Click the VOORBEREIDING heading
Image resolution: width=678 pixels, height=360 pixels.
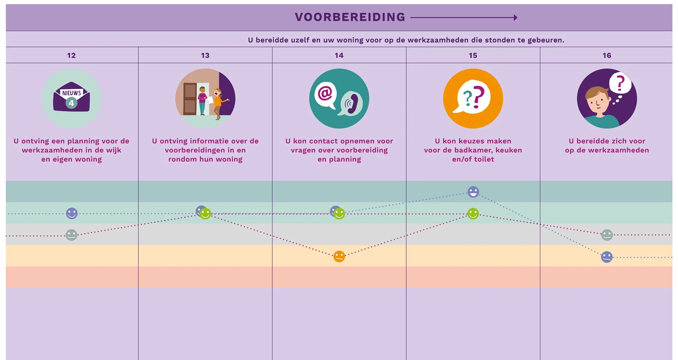[350, 17]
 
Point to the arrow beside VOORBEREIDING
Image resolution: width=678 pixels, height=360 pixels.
[464, 17]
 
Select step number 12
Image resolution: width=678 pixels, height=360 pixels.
[71, 55]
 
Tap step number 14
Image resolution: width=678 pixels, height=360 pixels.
[339, 55]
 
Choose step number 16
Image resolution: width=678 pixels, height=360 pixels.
[607, 55]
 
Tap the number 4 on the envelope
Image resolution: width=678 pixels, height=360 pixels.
[71, 103]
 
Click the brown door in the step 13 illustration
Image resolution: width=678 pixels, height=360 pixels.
[190, 98]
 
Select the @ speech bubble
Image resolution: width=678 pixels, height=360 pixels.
[325, 94]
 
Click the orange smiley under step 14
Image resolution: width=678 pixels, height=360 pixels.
[339, 256]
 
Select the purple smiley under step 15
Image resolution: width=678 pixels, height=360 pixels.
[473, 192]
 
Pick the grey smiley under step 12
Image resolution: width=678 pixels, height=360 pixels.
[71, 235]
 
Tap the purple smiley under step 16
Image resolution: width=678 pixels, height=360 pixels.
[607, 257]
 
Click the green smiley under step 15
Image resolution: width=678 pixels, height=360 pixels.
[473, 214]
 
